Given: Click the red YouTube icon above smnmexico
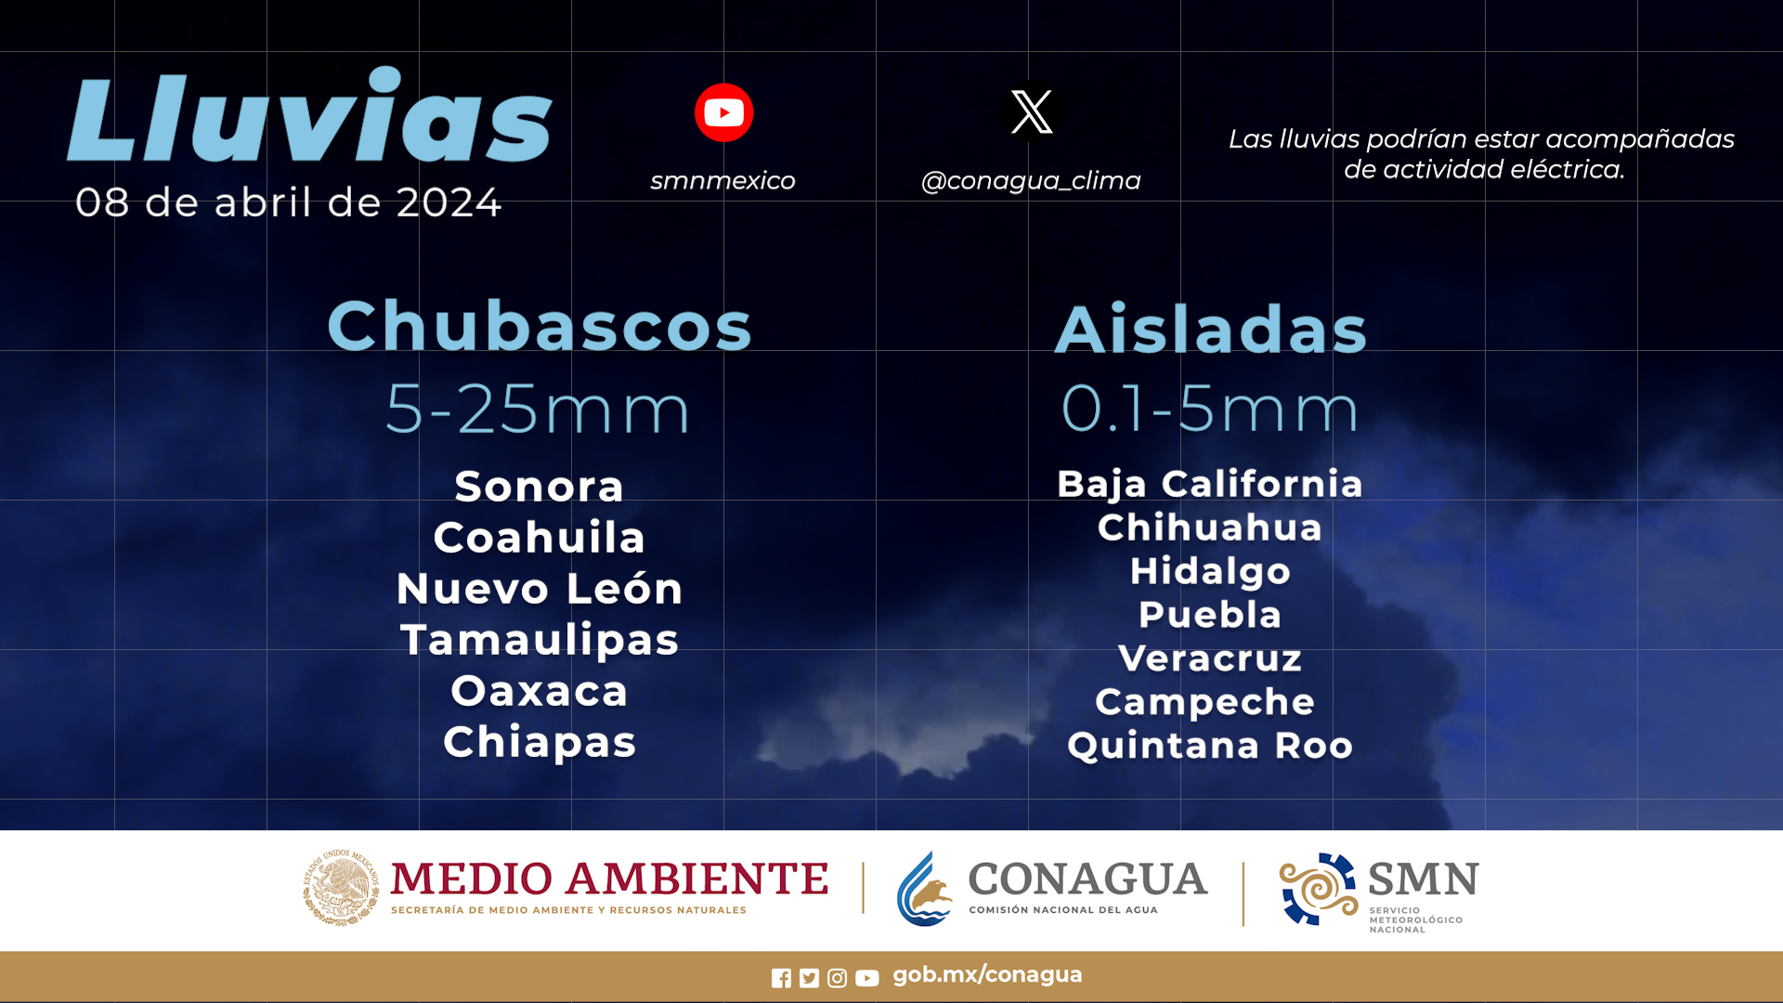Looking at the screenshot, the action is pyautogui.click(x=723, y=112).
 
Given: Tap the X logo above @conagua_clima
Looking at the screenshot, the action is pyautogui.click(x=1031, y=111).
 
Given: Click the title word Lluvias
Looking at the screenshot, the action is pyautogui.click(x=310, y=115).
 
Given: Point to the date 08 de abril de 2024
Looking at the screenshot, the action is pyautogui.click(x=288, y=202).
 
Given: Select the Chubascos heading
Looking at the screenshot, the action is pyautogui.click(x=540, y=326).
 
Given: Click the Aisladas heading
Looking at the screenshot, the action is pyautogui.click(x=1211, y=329).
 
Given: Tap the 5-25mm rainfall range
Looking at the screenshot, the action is pyautogui.click(x=538, y=409).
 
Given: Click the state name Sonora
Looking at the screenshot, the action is pyautogui.click(x=540, y=487).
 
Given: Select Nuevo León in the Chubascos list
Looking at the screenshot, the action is pyautogui.click(x=540, y=589).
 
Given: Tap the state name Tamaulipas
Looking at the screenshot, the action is pyautogui.click(x=540, y=641).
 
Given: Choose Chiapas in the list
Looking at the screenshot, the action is pyautogui.click(x=540, y=743).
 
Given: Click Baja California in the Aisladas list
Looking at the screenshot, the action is pyautogui.click(x=1210, y=484).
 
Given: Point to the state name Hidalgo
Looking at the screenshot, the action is pyautogui.click(x=1210, y=571).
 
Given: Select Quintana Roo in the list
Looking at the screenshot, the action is pyautogui.click(x=1210, y=746).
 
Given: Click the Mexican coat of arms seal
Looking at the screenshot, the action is pyautogui.click(x=341, y=888).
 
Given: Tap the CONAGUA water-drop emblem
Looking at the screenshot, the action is pyautogui.click(x=924, y=890).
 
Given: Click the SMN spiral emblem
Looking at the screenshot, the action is pyautogui.click(x=1318, y=889).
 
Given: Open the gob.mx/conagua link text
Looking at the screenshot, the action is pyautogui.click(x=987, y=975).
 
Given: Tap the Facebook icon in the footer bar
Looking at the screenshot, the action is pyautogui.click(x=781, y=978).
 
